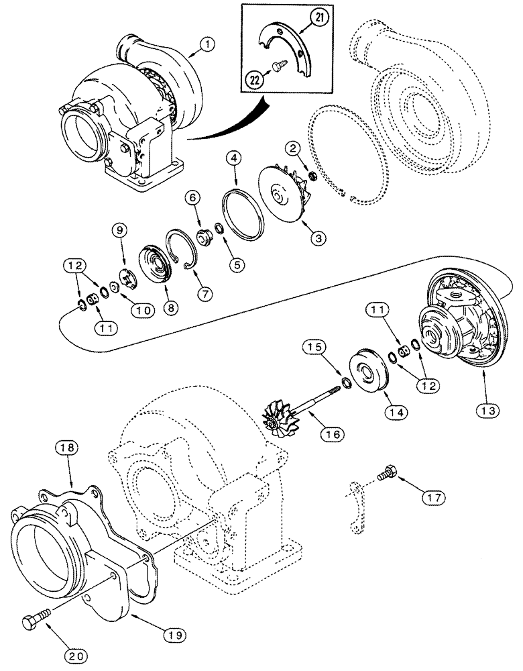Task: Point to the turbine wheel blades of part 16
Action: coord(279,419)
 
